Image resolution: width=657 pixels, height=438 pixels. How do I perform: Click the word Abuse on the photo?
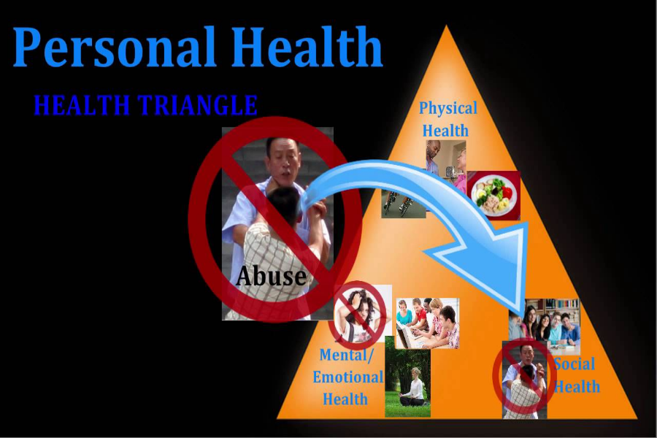tap(271, 276)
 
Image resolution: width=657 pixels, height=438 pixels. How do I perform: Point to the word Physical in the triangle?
tap(447, 109)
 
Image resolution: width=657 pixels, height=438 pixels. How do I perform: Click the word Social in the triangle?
tap(575, 364)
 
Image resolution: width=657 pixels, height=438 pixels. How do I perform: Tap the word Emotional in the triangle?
tap(347, 377)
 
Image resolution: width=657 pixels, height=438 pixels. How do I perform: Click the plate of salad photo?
tap(493, 195)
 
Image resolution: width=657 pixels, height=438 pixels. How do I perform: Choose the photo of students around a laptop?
tap(427, 323)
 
